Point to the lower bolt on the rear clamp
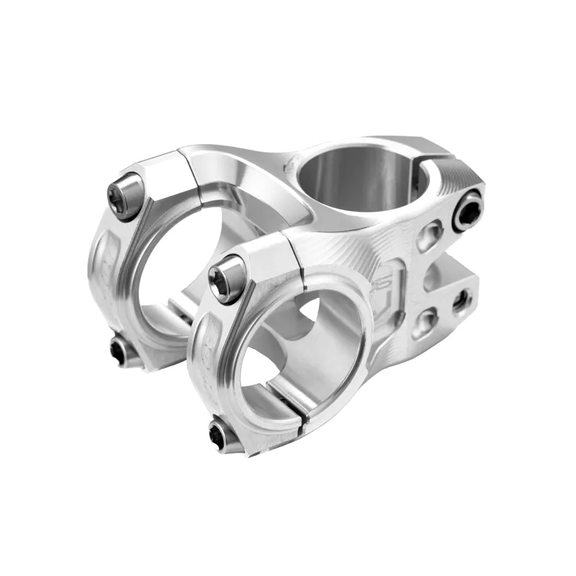[120, 351]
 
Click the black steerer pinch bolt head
[468, 210]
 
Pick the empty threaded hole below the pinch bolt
[461, 302]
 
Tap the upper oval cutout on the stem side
[429, 235]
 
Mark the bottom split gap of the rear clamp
[176, 317]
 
